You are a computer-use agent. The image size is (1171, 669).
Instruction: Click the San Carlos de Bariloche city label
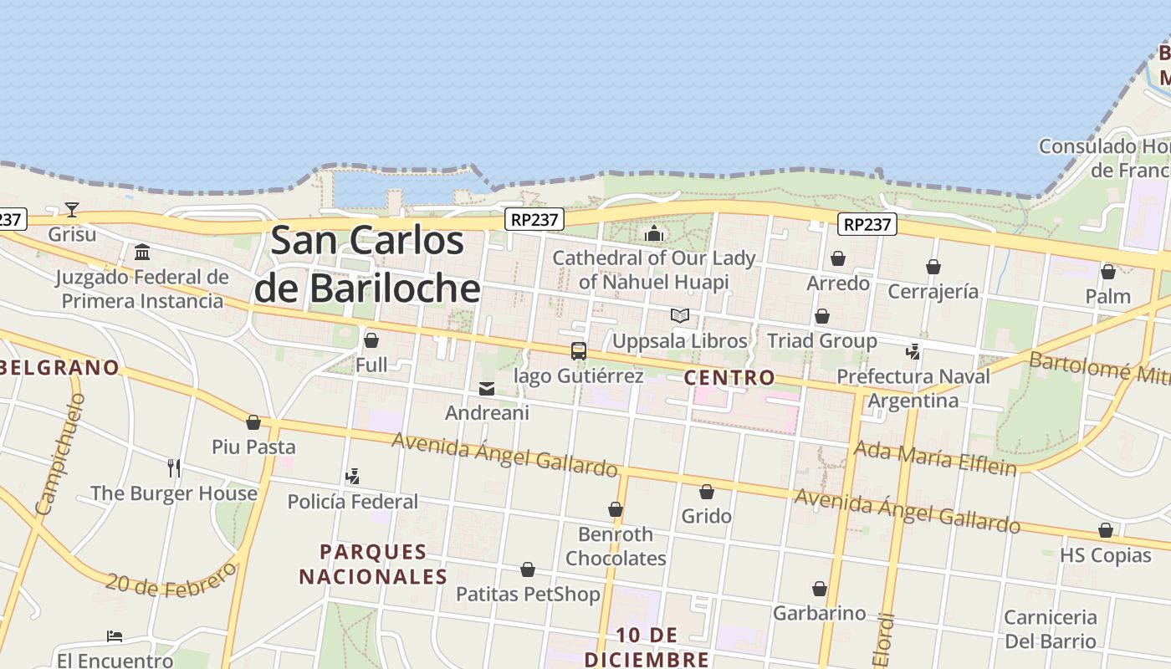tap(367, 264)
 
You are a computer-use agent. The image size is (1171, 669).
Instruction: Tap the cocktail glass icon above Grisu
tap(72, 209)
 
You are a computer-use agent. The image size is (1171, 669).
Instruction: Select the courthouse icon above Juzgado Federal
tap(142, 252)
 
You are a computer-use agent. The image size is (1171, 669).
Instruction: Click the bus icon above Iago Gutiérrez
tap(578, 351)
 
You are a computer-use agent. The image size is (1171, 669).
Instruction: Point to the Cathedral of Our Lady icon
tap(654, 233)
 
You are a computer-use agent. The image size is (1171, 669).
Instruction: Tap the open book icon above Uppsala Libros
tap(680, 316)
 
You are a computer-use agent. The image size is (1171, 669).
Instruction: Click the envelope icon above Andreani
tap(487, 389)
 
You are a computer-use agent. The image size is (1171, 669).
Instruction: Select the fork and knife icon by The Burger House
tap(174, 467)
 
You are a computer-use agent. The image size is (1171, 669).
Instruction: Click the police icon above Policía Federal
tap(352, 477)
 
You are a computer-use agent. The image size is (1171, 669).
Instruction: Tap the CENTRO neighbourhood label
tap(729, 378)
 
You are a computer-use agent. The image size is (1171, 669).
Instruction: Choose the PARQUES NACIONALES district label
tap(373, 564)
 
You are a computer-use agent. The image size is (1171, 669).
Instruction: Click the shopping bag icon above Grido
tap(707, 492)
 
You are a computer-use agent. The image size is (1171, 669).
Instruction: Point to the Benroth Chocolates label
tap(616, 545)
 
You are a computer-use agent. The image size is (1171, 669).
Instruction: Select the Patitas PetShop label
tap(528, 594)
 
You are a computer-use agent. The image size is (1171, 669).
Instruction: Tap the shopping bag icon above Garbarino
tap(820, 590)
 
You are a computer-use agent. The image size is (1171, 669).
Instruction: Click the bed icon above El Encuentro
tap(115, 636)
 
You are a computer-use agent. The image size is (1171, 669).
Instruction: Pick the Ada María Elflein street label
tap(934, 458)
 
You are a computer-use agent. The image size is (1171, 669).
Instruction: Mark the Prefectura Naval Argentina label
tap(913, 388)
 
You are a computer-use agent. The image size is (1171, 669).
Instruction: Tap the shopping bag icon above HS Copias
tap(1106, 531)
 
